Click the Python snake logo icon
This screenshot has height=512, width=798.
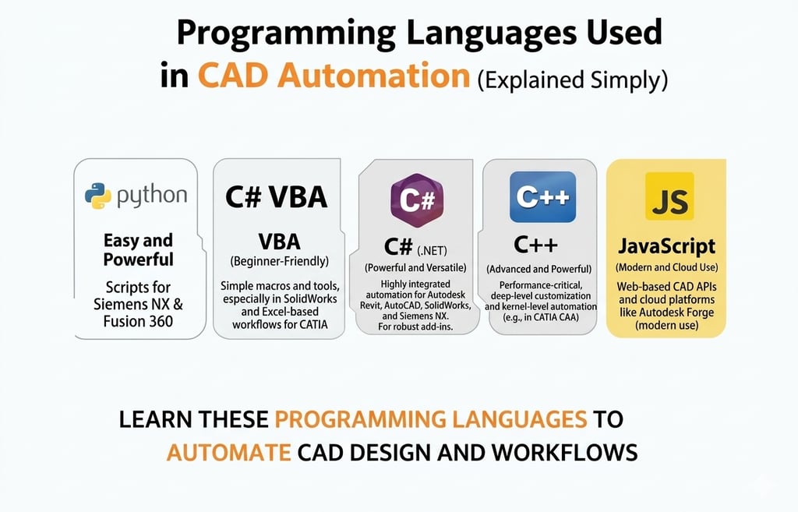pyautogui.click(x=98, y=196)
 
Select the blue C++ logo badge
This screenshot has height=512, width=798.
pyautogui.click(x=542, y=197)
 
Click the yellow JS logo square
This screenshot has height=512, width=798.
pyautogui.click(x=669, y=196)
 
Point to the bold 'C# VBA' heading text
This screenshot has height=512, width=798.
pyautogui.click(x=276, y=197)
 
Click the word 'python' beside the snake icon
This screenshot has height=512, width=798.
pyautogui.click(x=152, y=196)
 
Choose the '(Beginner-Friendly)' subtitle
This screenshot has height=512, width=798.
pyautogui.click(x=280, y=262)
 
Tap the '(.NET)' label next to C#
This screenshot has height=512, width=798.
pyautogui.click(x=432, y=250)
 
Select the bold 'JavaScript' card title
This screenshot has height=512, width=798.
pyautogui.click(x=667, y=246)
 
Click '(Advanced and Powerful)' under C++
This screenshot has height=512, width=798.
pyautogui.click(x=539, y=269)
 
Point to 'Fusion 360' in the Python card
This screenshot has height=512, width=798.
pyautogui.click(x=138, y=322)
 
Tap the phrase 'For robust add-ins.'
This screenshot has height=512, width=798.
pyautogui.click(x=415, y=327)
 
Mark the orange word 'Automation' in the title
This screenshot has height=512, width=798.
pyautogui.click(x=373, y=76)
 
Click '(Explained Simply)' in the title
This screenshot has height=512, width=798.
pyautogui.click(x=573, y=80)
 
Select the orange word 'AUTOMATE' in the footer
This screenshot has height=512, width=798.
pyautogui.click(x=228, y=453)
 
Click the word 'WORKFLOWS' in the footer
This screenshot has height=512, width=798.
pyautogui.click(x=565, y=453)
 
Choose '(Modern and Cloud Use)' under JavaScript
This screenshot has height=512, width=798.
pyautogui.click(x=667, y=268)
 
